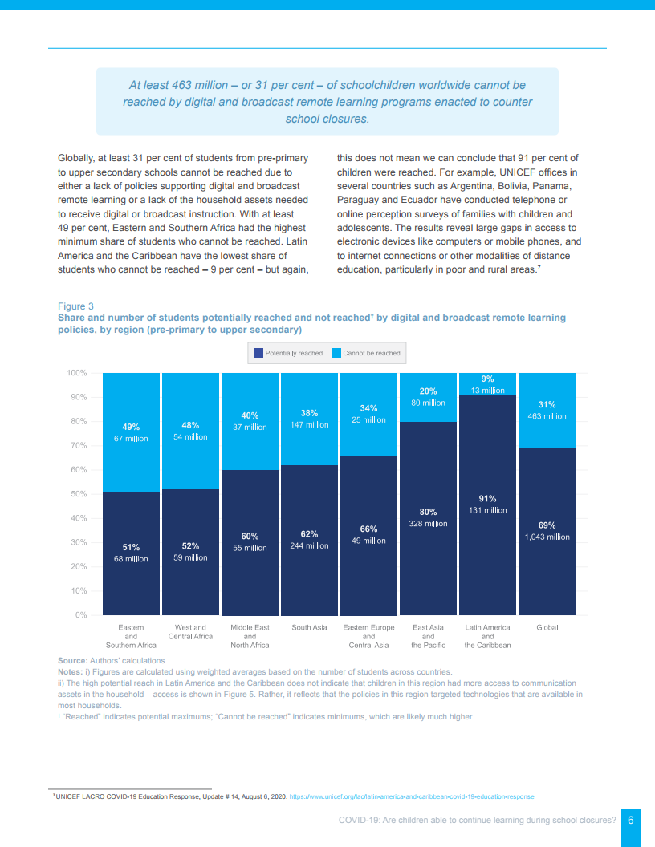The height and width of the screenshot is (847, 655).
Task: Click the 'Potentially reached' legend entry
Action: tap(288, 353)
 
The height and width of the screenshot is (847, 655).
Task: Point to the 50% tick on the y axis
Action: tap(77, 494)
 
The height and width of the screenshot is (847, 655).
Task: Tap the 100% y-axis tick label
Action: tap(76, 373)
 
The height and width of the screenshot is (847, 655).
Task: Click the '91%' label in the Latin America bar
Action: tap(487, 498)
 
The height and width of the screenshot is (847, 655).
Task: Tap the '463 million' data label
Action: tap(547, 416)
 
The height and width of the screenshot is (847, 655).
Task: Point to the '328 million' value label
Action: tap(428, 523)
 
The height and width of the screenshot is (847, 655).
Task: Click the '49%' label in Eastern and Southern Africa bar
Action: tap(131, 427)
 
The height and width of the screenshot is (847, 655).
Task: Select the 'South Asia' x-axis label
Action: tap(309, 627)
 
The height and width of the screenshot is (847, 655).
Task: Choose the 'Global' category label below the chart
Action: tap(547, 627)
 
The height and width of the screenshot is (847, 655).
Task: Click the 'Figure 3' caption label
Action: tap(75, 306)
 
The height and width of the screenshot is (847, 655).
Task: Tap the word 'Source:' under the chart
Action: tap(72, 660)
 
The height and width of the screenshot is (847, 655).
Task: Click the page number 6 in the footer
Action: tap(631, 820)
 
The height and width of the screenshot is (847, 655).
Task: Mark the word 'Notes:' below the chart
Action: tap(71, 671)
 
